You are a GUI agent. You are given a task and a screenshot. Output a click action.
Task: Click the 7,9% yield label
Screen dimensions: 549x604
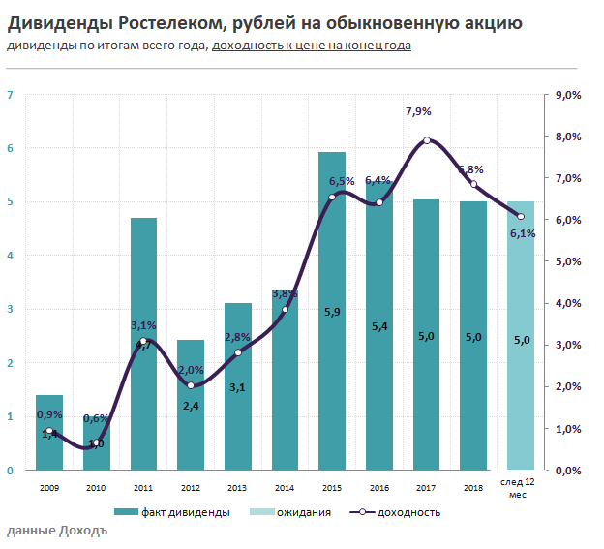coord(418,112)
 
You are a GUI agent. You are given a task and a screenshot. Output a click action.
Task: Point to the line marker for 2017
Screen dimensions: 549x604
coord(427,140)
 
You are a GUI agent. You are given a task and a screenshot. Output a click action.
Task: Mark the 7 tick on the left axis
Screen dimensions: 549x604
coord(10,95)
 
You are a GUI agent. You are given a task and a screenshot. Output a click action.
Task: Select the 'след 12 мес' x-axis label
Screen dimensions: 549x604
coord(521,488)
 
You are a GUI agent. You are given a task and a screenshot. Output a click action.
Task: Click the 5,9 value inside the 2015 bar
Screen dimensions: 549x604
coord(332,312)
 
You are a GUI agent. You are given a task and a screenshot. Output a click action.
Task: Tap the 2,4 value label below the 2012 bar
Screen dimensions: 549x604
coord(191,406)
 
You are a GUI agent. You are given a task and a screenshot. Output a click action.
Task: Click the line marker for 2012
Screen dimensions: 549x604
coord(191,385)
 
